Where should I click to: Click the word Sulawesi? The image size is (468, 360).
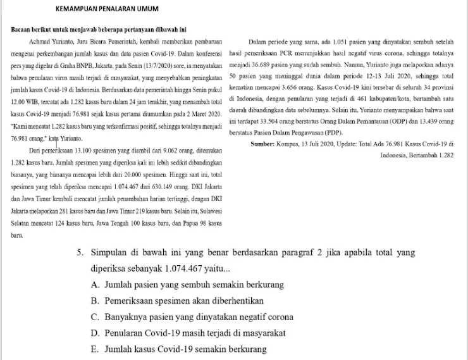point(209,211)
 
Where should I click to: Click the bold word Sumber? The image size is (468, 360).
point(263,145)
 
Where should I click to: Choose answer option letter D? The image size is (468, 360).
point(95,333)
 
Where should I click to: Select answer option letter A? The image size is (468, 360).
point(95,285)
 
